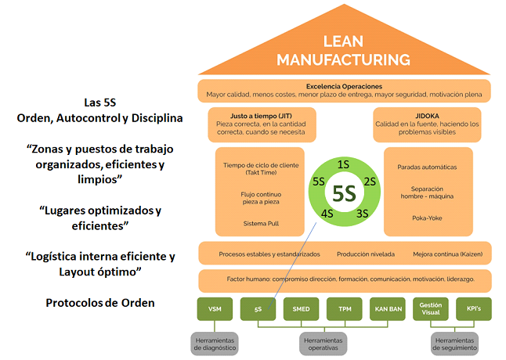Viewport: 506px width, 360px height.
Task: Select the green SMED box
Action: (x=301, y=308)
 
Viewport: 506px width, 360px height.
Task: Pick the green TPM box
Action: (x=345, y=308)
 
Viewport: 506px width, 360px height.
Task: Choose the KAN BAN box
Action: (x=388, y=308)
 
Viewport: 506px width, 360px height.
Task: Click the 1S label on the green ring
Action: (x=343, y=165)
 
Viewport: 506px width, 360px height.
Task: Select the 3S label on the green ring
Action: (x=362, y=214)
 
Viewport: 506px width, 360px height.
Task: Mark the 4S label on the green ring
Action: (x=325, y=214)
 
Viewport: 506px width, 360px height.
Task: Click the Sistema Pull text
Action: (x=262, y=223)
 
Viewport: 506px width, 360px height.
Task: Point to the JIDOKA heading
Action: (x=428, y=114)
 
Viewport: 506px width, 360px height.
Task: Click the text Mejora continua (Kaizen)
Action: (x=448, y=254)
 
